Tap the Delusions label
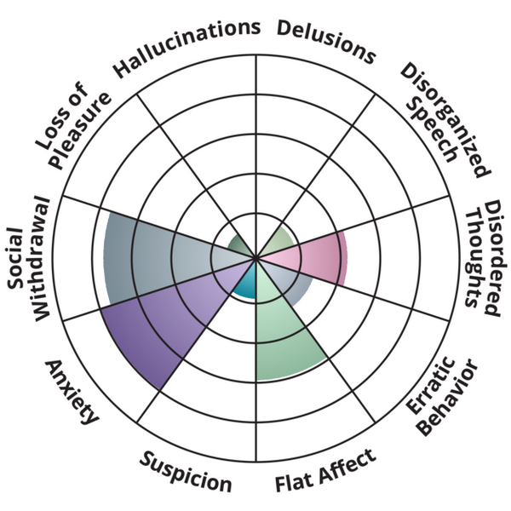pyautogui.click(x=326, y=40)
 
